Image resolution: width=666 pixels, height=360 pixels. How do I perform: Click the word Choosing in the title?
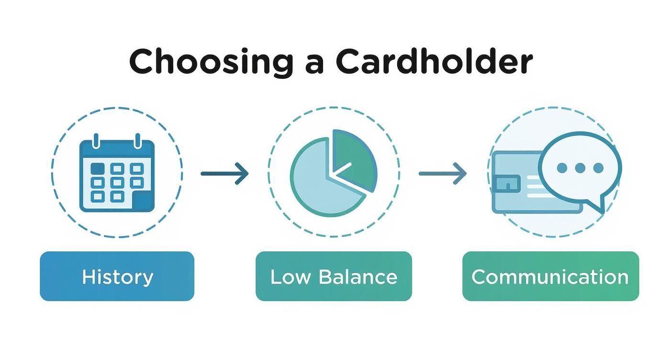coord(211,63)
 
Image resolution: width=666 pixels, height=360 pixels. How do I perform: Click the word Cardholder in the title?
coord(434,61)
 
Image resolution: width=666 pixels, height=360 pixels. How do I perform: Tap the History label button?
coord(117,276)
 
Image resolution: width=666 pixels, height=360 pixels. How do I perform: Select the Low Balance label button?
coord(333,276)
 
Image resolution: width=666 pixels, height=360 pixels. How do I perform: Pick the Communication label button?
coord(551,276)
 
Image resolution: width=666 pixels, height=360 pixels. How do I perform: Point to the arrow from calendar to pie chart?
coord(224,173)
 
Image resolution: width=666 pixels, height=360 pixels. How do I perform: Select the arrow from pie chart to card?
coord(443,173)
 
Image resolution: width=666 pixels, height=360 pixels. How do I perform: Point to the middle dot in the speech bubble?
coord(580,168)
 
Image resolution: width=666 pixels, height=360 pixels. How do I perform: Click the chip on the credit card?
coord(507,183)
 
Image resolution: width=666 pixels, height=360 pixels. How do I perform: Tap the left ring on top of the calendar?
coord(96,141)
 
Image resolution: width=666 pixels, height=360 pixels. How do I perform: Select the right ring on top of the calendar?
coord(137,141)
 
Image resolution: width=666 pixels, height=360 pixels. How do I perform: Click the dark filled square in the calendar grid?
coord(98,169)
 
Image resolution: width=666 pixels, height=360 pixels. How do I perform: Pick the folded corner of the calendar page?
coord(144,201)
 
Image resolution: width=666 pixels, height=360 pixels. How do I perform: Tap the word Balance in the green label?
coord(358,277)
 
